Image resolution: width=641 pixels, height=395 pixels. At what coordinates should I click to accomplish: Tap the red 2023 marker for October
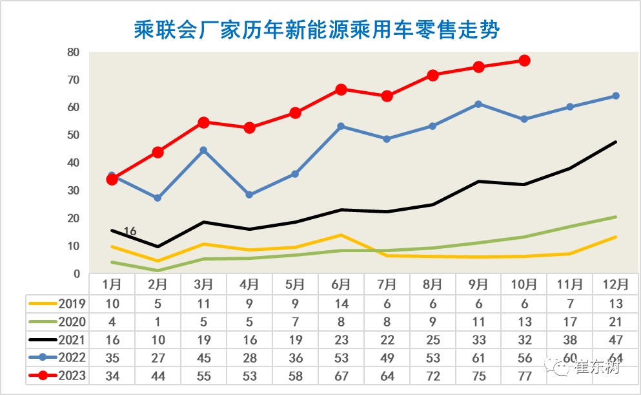click(524, 60)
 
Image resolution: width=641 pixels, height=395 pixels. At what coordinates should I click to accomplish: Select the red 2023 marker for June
click(341, 89)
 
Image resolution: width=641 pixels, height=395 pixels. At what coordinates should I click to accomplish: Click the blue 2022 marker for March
click(203, 150)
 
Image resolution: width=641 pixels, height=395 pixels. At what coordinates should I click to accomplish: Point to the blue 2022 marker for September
click(478, 104)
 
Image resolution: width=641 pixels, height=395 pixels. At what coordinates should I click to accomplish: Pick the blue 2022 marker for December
click(615, 96)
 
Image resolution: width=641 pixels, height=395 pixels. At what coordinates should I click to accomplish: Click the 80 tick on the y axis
click(73, 52)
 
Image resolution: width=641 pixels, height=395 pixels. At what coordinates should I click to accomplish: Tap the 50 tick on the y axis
click(73, 135)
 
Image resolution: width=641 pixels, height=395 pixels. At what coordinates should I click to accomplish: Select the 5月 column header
click(295, 284)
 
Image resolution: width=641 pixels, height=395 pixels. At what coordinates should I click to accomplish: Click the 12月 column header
click(615, 284)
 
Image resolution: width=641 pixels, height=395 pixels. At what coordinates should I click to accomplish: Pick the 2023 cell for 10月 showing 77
click(524, 376)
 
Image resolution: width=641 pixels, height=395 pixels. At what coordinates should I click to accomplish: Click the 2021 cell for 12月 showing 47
click(615, 339)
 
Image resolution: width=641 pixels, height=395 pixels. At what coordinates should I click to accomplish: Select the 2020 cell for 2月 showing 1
click(158, 321)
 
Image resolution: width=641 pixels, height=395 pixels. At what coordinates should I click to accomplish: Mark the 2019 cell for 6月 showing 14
click(341, 303)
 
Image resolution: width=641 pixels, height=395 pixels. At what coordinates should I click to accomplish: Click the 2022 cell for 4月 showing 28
click(249, 358)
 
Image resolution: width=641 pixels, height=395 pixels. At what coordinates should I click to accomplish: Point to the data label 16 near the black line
click(130, 231)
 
